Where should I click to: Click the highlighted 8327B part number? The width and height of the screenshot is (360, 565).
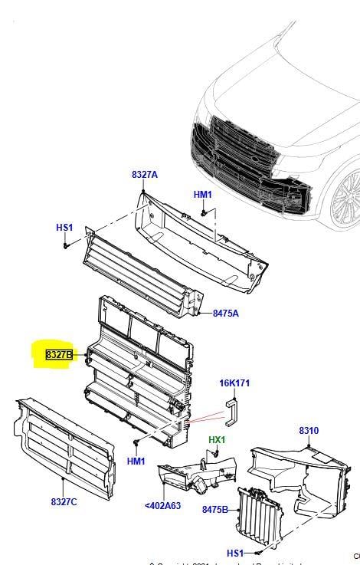click(x=59, y=355)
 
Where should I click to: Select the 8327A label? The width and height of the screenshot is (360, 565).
click(x=144, y=175)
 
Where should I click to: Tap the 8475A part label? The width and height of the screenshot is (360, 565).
click(x=225, y=313)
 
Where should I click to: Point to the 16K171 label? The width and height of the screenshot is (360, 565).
click(x=234, y=383)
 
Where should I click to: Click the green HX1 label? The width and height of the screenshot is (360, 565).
click(x=218, y=440)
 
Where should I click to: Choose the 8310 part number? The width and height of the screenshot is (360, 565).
click(x=309, y=431)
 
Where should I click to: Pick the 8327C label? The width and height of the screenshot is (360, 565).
click(x=65, y=501)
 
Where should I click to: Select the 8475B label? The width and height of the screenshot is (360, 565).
click(x=215, y=510)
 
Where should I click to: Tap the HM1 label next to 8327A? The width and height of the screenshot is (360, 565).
click(x=202, y=195)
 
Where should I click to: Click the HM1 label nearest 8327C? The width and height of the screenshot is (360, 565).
click(x=136, y=461)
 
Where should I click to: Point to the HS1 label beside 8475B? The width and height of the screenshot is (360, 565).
click(x=235, y=553)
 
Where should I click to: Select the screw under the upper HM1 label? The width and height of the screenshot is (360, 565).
click(x=205, y=211)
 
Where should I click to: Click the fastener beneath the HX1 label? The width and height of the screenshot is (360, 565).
click(x=215, y=454)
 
